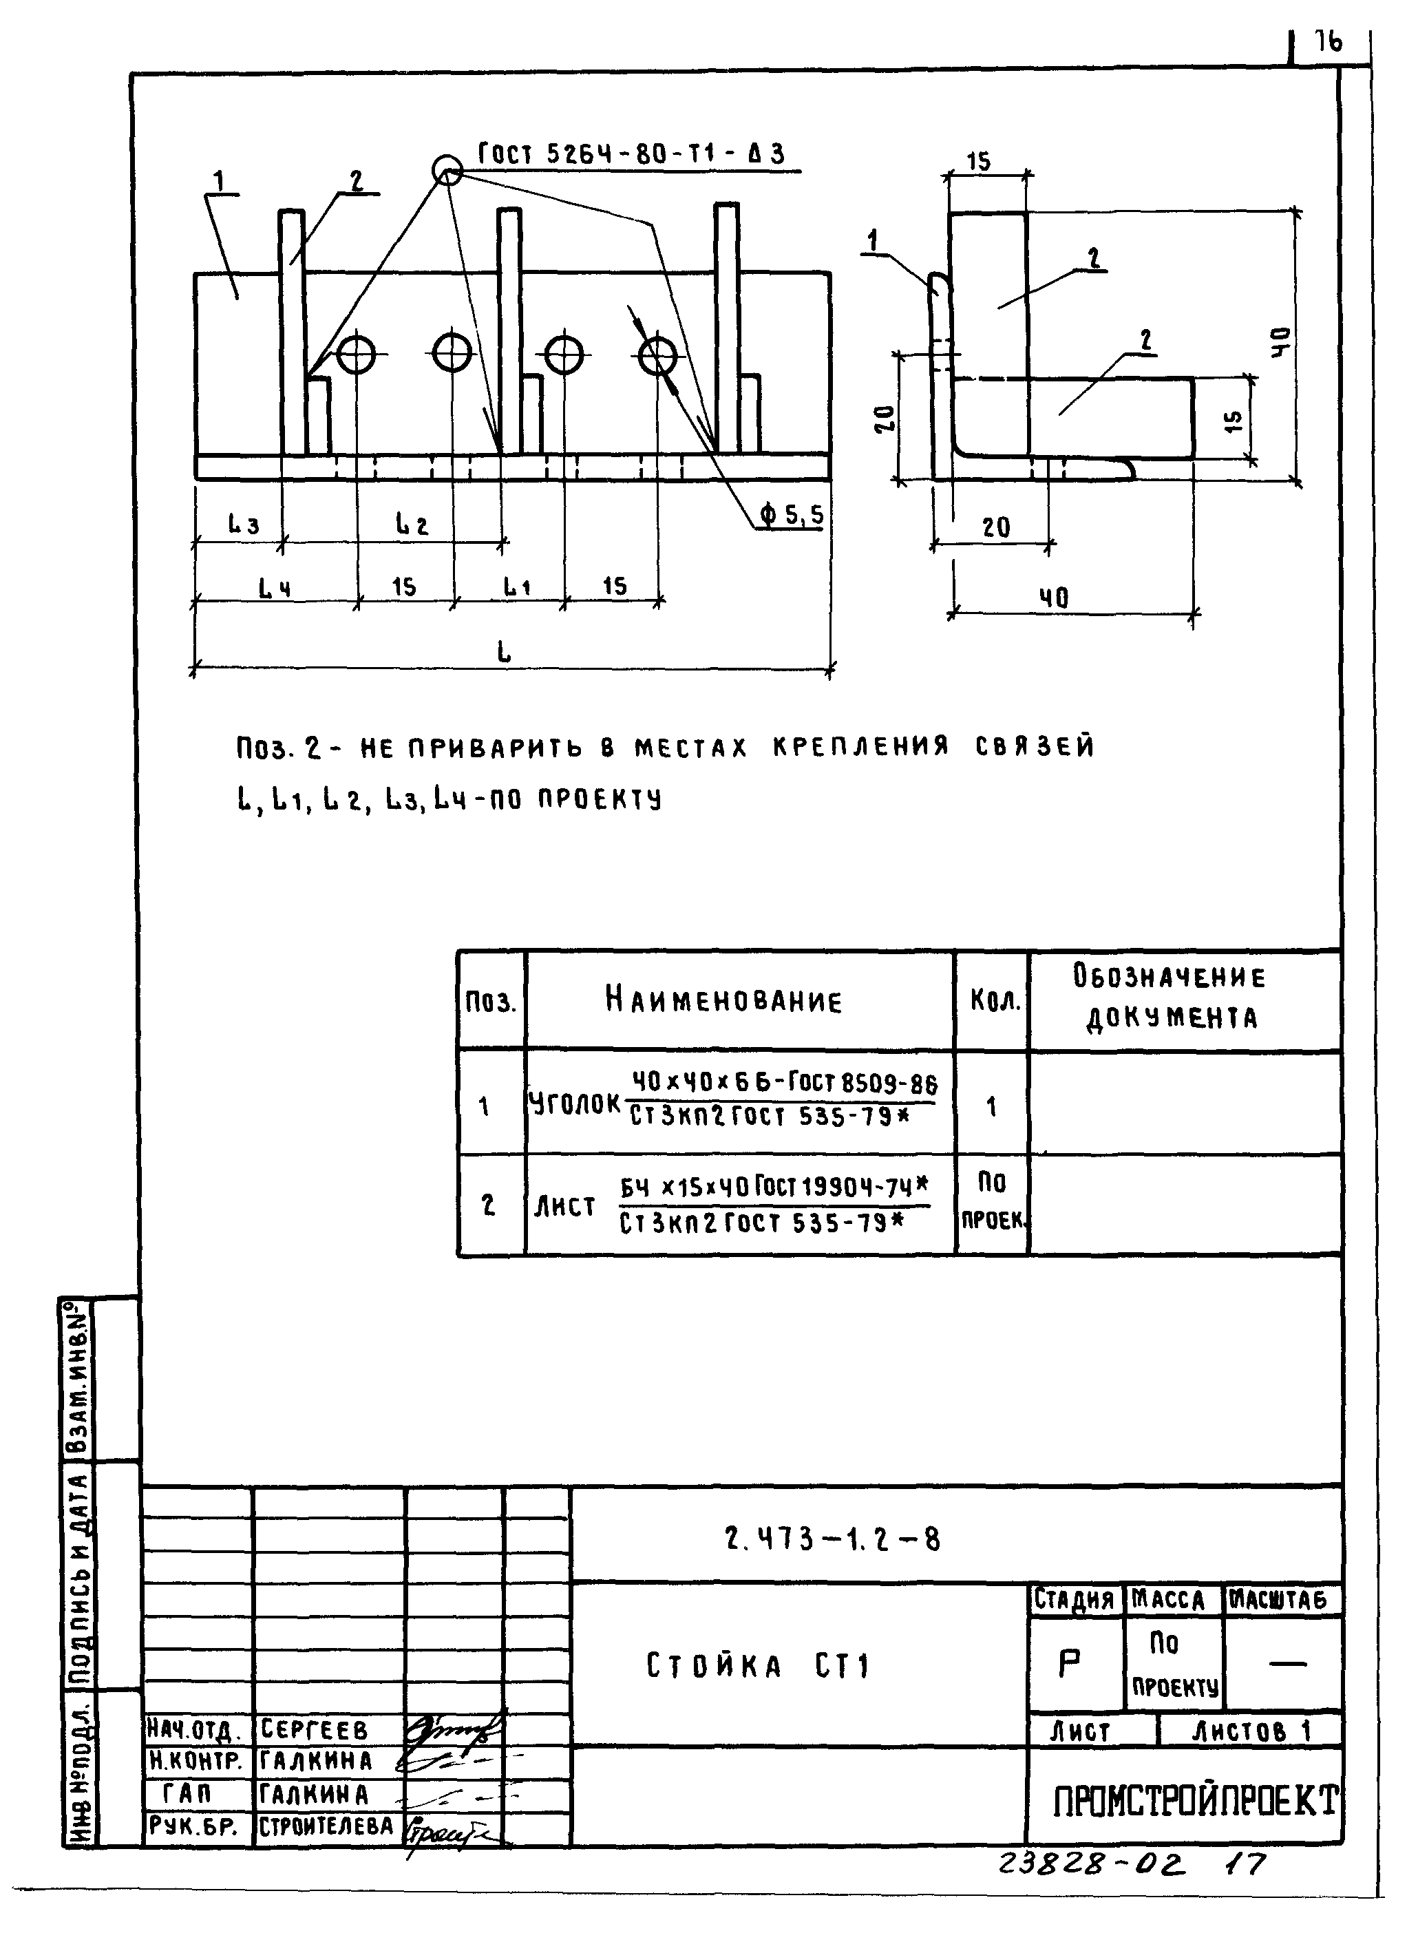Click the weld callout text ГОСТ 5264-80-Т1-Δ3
click(631, 155)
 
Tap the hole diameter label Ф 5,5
click(791, 515)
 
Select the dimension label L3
click(243, 524)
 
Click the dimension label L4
click(275, 588)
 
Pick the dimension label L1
click(516, 587)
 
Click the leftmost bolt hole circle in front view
click(356, 354)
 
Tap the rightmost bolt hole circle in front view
click(659, 354)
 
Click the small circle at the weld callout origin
click(447, 169)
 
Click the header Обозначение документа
click(1170, 997)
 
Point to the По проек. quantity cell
click(992, 1201)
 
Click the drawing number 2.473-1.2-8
click(832, 1538)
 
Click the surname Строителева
click(326, 1826)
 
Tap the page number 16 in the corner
click(1328, 41)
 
